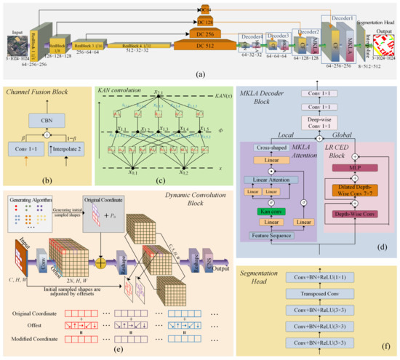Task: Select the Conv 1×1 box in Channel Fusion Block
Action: click(27, 151)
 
